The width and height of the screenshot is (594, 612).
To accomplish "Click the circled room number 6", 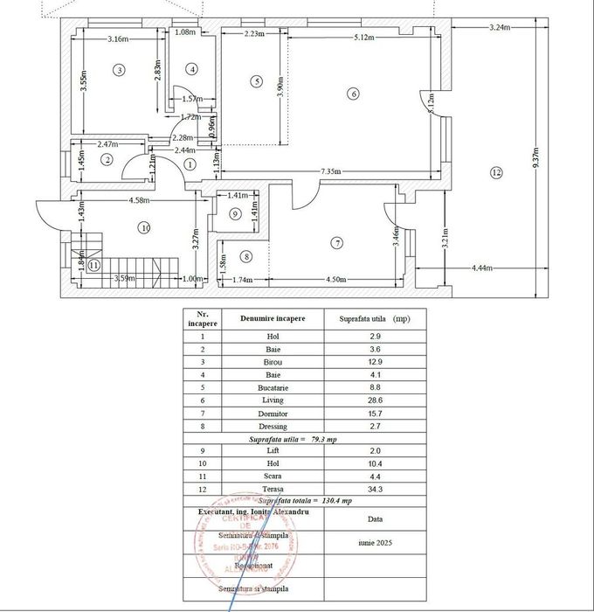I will click(x=353, y=94).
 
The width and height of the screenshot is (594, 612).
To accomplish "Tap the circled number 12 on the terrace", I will click(x=496, y=172).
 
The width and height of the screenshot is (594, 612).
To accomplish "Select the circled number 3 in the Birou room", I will click(x=119, y=69).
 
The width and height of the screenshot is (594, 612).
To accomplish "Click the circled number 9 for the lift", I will click(x=235, y=213).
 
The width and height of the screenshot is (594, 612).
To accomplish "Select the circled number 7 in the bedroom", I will click(x=338, y=243).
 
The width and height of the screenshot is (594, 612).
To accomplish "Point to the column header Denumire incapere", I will click(x=273, y=318).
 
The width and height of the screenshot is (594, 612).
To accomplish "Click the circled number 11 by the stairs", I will click(x=93, y=264).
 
